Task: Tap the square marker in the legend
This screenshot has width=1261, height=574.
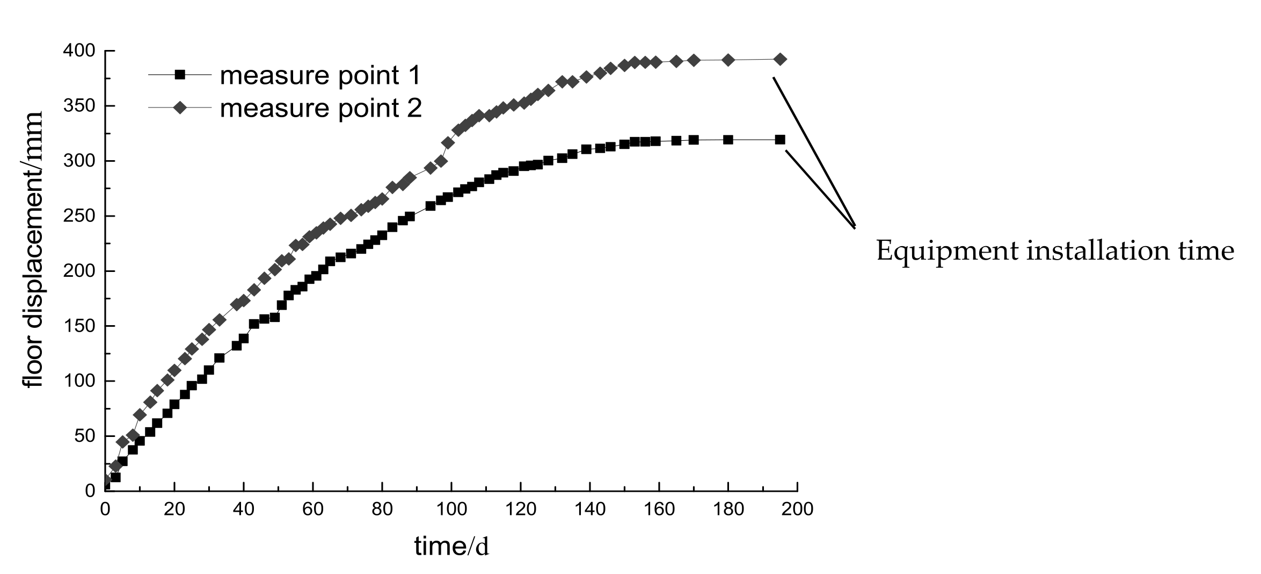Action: point(180,75)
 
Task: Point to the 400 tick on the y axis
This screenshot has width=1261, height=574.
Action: point(79,51)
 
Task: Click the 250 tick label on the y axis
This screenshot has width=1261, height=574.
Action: point(79,216)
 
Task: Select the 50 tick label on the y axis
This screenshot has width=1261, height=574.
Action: point(84,436)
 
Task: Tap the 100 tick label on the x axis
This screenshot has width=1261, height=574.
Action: point(451,508)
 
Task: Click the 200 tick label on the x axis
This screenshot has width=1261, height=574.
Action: point(797,508)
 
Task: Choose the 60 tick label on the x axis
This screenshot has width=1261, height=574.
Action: point(312,508)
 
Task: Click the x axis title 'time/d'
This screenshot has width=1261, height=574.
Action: point(451,547)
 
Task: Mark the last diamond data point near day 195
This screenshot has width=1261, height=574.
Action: point(781,59)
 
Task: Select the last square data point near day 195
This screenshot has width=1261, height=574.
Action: point(780,140)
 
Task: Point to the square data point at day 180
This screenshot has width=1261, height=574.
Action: point(728,140)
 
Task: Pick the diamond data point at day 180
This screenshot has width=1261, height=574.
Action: point(728,60)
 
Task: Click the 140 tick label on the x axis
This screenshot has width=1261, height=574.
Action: point(589,508)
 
